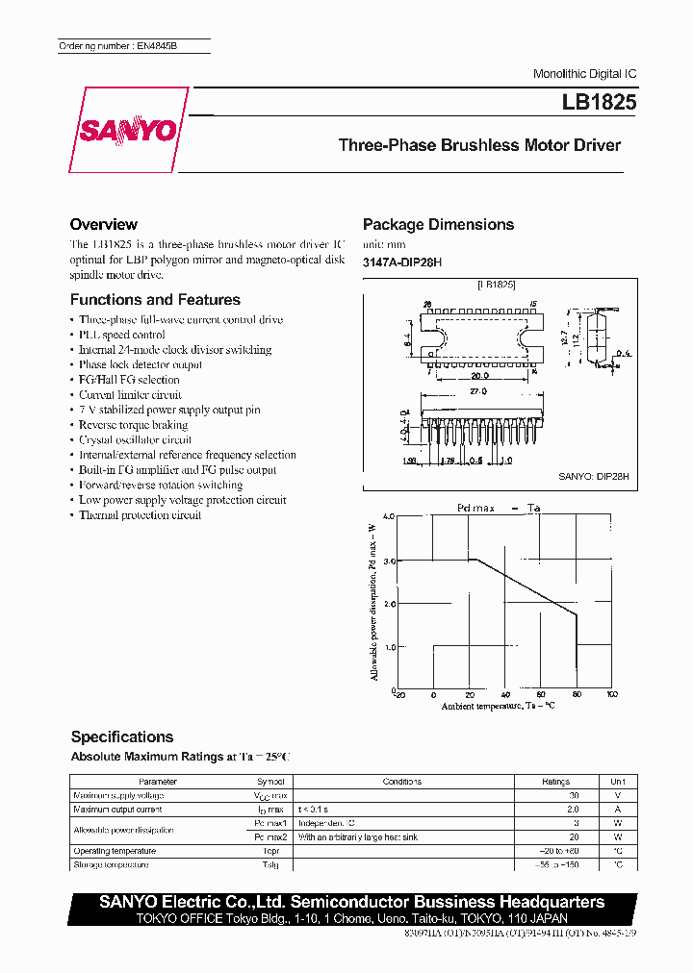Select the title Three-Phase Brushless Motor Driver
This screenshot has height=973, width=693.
click(479, 146)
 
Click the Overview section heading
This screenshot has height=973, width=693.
click(104, 224)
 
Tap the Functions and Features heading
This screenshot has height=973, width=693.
click(155, 300)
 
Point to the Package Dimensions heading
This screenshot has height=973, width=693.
click(438, 224)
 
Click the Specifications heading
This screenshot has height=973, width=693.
click(122, 736)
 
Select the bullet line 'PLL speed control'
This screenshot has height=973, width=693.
click(122, 335)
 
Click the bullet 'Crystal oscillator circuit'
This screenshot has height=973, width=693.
click(135, 439)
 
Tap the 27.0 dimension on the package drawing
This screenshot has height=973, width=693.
click(478, 392)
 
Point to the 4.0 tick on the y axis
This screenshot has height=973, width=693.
click(389, 517)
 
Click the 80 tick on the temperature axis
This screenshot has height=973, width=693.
click(577, 694)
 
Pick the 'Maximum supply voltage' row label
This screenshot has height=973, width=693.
click(118, 796)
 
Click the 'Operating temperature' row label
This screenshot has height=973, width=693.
click(115, 851)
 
